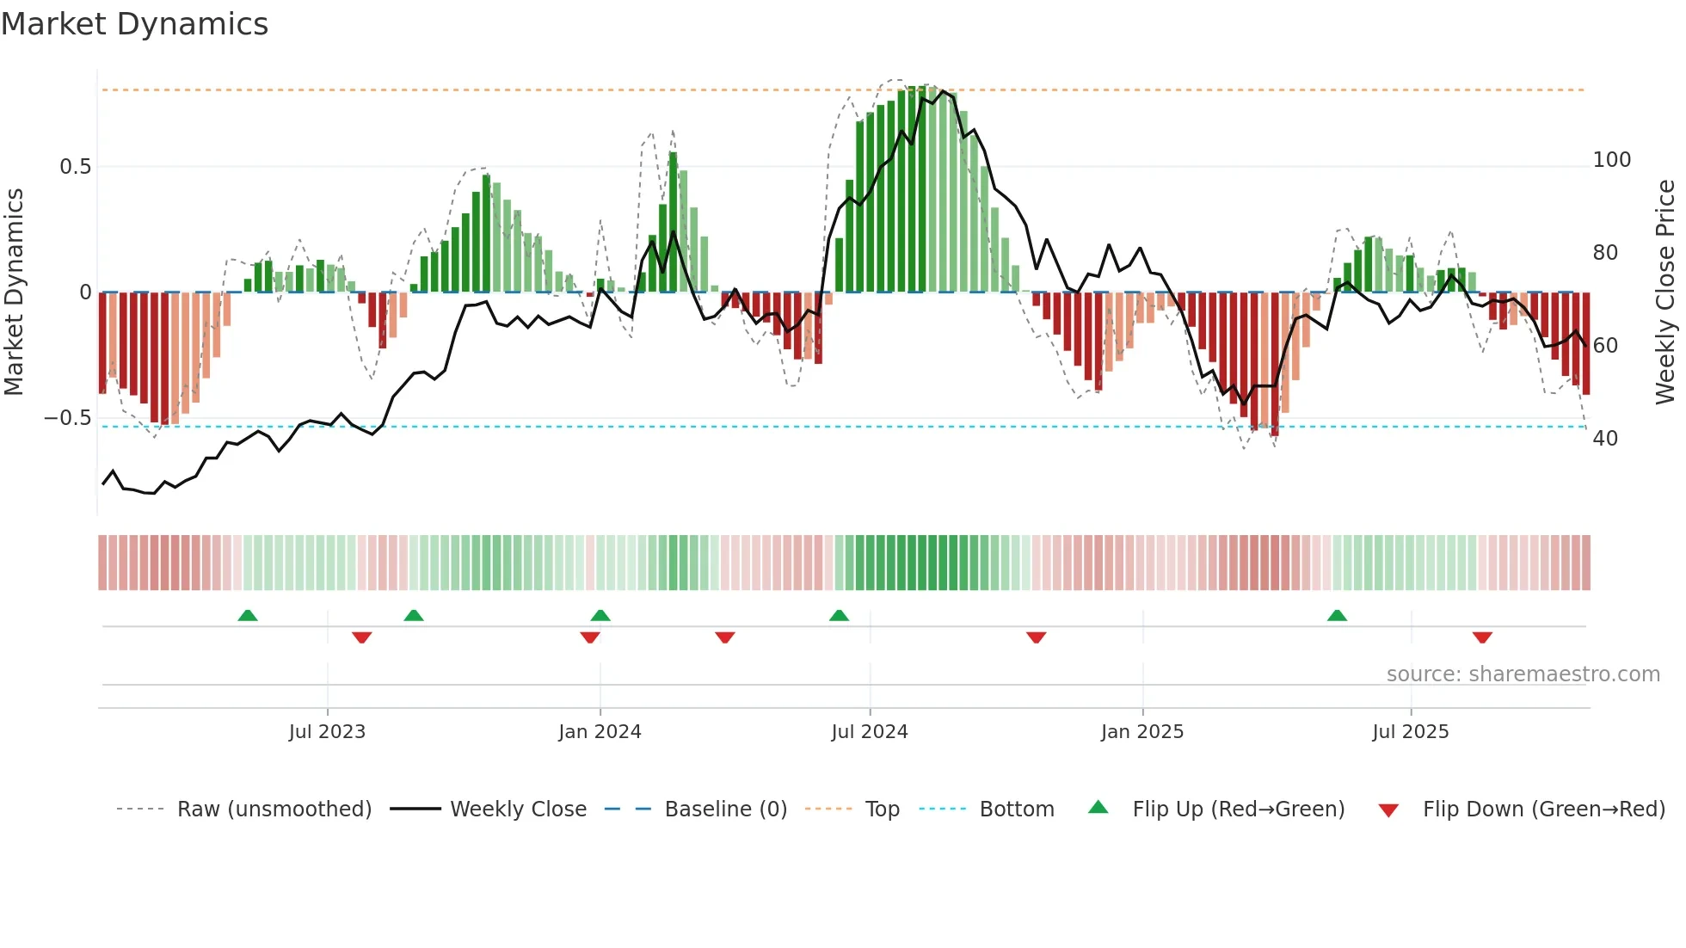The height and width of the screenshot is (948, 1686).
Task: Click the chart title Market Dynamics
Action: [x=134, y=24]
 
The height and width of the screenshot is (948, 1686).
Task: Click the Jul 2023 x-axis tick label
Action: [x=327, y=732]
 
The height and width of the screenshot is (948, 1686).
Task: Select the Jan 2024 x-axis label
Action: [x=600, y=732]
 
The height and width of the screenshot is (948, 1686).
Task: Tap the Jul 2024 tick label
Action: [x=870, y=732]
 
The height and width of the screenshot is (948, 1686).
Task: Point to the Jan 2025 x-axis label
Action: [x=1142, y=732]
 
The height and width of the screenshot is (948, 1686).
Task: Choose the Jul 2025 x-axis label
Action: [x=1411, y=732]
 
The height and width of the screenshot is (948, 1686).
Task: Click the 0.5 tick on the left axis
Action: [x=76, y=167]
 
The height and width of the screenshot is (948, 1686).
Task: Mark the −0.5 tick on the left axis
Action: [x=68, y=418]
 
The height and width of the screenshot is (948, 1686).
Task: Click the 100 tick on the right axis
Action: [x=1611, y=160]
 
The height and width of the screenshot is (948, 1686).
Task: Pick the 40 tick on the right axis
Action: [x=1605, y=439]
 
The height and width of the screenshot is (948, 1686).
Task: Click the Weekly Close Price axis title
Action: [x=1666, y=292]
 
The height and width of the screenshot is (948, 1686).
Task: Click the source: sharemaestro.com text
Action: [x=1523, y=674]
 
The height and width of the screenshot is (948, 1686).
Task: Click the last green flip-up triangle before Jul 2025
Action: [x=1337, y=616]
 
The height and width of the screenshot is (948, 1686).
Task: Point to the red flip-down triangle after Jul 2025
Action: [x=1482, y=637]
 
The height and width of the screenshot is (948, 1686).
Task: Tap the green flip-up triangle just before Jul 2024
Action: [x=839, y=616]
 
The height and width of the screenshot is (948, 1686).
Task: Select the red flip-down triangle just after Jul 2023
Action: [x=361, y=637]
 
